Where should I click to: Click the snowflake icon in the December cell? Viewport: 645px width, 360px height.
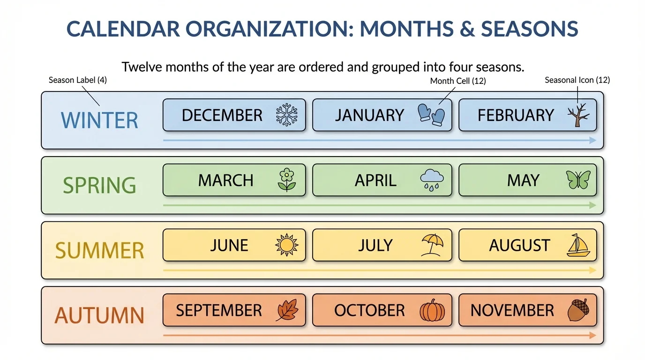(287, 115)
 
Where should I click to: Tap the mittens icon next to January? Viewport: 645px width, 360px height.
(431, 115)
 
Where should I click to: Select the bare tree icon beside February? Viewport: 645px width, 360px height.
(578, 115)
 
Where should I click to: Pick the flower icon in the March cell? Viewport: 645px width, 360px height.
(287, 180)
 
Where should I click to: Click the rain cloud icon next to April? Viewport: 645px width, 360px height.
(432, 180)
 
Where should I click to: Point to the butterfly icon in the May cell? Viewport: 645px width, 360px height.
(578, 180)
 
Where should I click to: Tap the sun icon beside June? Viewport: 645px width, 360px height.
(287, 245)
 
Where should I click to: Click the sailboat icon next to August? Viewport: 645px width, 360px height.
(578, 245)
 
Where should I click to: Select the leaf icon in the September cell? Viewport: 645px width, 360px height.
(287, 310)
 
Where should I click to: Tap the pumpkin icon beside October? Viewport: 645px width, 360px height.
(432, 310)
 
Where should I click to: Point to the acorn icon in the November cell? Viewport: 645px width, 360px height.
(578, 310)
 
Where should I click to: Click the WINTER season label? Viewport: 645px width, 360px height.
(99, 120)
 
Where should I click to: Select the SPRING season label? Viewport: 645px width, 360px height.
(99, 185)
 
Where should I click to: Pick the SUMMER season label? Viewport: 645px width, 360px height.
(99, 250)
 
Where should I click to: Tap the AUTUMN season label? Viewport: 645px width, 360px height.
(99, 315)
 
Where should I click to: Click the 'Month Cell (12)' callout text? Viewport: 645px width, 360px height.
(458, 81)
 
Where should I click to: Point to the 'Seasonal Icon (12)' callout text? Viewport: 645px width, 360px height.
(577, 80)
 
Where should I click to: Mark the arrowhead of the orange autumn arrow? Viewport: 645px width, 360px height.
(593, 335)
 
